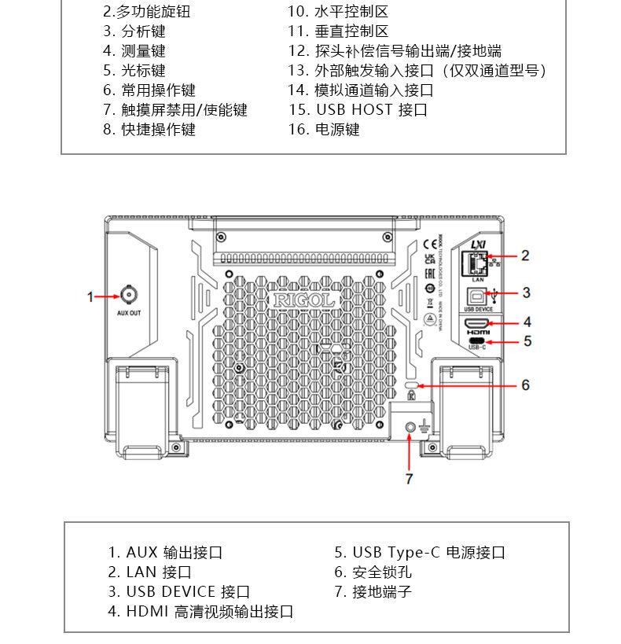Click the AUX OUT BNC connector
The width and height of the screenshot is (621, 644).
coord(126,296)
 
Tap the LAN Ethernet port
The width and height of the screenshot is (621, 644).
coord(477,263)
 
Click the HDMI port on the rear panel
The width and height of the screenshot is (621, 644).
coord(477,323)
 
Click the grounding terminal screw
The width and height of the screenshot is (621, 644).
coord(411,427)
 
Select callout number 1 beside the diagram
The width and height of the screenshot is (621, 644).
coord(90,296)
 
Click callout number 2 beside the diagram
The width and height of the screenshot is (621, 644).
coord(526,255)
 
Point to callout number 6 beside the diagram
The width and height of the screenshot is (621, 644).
coord(526,385)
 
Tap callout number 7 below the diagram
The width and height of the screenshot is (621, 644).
coord(409,478)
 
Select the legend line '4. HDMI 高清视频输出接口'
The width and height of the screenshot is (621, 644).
coord(200,611)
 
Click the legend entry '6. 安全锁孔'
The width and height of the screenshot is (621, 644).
coord(373,572)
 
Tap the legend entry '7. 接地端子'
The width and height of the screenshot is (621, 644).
coord(373,591)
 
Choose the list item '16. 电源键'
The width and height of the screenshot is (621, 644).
coord(323,130)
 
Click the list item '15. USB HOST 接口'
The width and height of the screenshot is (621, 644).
coord(358,110)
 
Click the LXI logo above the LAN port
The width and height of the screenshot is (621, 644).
coord(477,245)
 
